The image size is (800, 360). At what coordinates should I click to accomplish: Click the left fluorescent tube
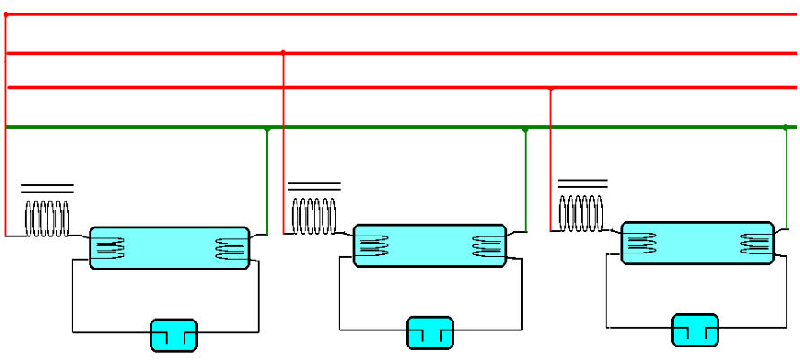click(x=169, y=248)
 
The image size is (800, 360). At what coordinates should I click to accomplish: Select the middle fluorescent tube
click(x=431, y=245)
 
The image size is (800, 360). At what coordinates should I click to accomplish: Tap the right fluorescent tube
click(x=698, y=243)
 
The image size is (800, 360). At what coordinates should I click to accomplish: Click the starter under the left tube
click(x=173, y=335)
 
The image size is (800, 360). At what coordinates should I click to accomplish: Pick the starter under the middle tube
click(x=430, y=332)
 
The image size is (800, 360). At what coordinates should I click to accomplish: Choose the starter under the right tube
click(x=694, y=330)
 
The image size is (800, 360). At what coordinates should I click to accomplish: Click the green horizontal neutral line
click(x=403, y=127)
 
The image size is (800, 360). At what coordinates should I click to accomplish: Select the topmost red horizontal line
click(x=403, y=14)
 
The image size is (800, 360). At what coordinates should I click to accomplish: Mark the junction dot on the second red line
click(x=283, y=53)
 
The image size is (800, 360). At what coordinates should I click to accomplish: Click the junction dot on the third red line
click(x=550, y=89)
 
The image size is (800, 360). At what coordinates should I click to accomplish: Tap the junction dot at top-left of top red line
click(x=6, y=14)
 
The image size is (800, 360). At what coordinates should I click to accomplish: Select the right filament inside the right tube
click(x=754, y=243)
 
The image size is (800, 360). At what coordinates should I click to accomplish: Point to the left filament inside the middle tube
click(x=371, y=245)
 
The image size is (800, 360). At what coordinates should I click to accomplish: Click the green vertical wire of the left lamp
click(x=267, y=179)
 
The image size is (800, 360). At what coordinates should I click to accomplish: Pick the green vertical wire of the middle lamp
click(x=525, y=179)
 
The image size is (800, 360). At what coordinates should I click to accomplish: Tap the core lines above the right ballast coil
click(x=582, y=183)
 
